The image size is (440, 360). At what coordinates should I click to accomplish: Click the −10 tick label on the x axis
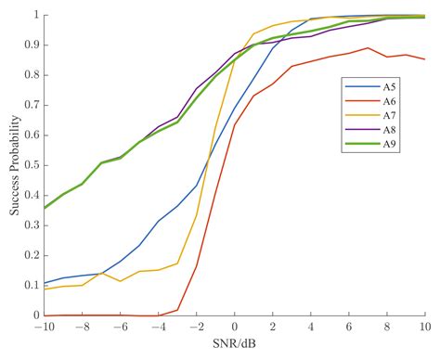coord(42,328)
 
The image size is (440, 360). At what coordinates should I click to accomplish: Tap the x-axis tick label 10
coord(426,328)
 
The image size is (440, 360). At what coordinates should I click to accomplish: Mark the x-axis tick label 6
coord(349,328)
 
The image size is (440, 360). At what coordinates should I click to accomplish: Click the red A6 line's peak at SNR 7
coord(369,48)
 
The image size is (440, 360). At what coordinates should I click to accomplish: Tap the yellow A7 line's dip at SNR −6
coord(120,281)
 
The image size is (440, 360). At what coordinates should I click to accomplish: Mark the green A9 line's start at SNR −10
coord(45,208)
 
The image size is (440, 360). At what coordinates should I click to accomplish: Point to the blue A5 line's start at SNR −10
coord(45,283)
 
